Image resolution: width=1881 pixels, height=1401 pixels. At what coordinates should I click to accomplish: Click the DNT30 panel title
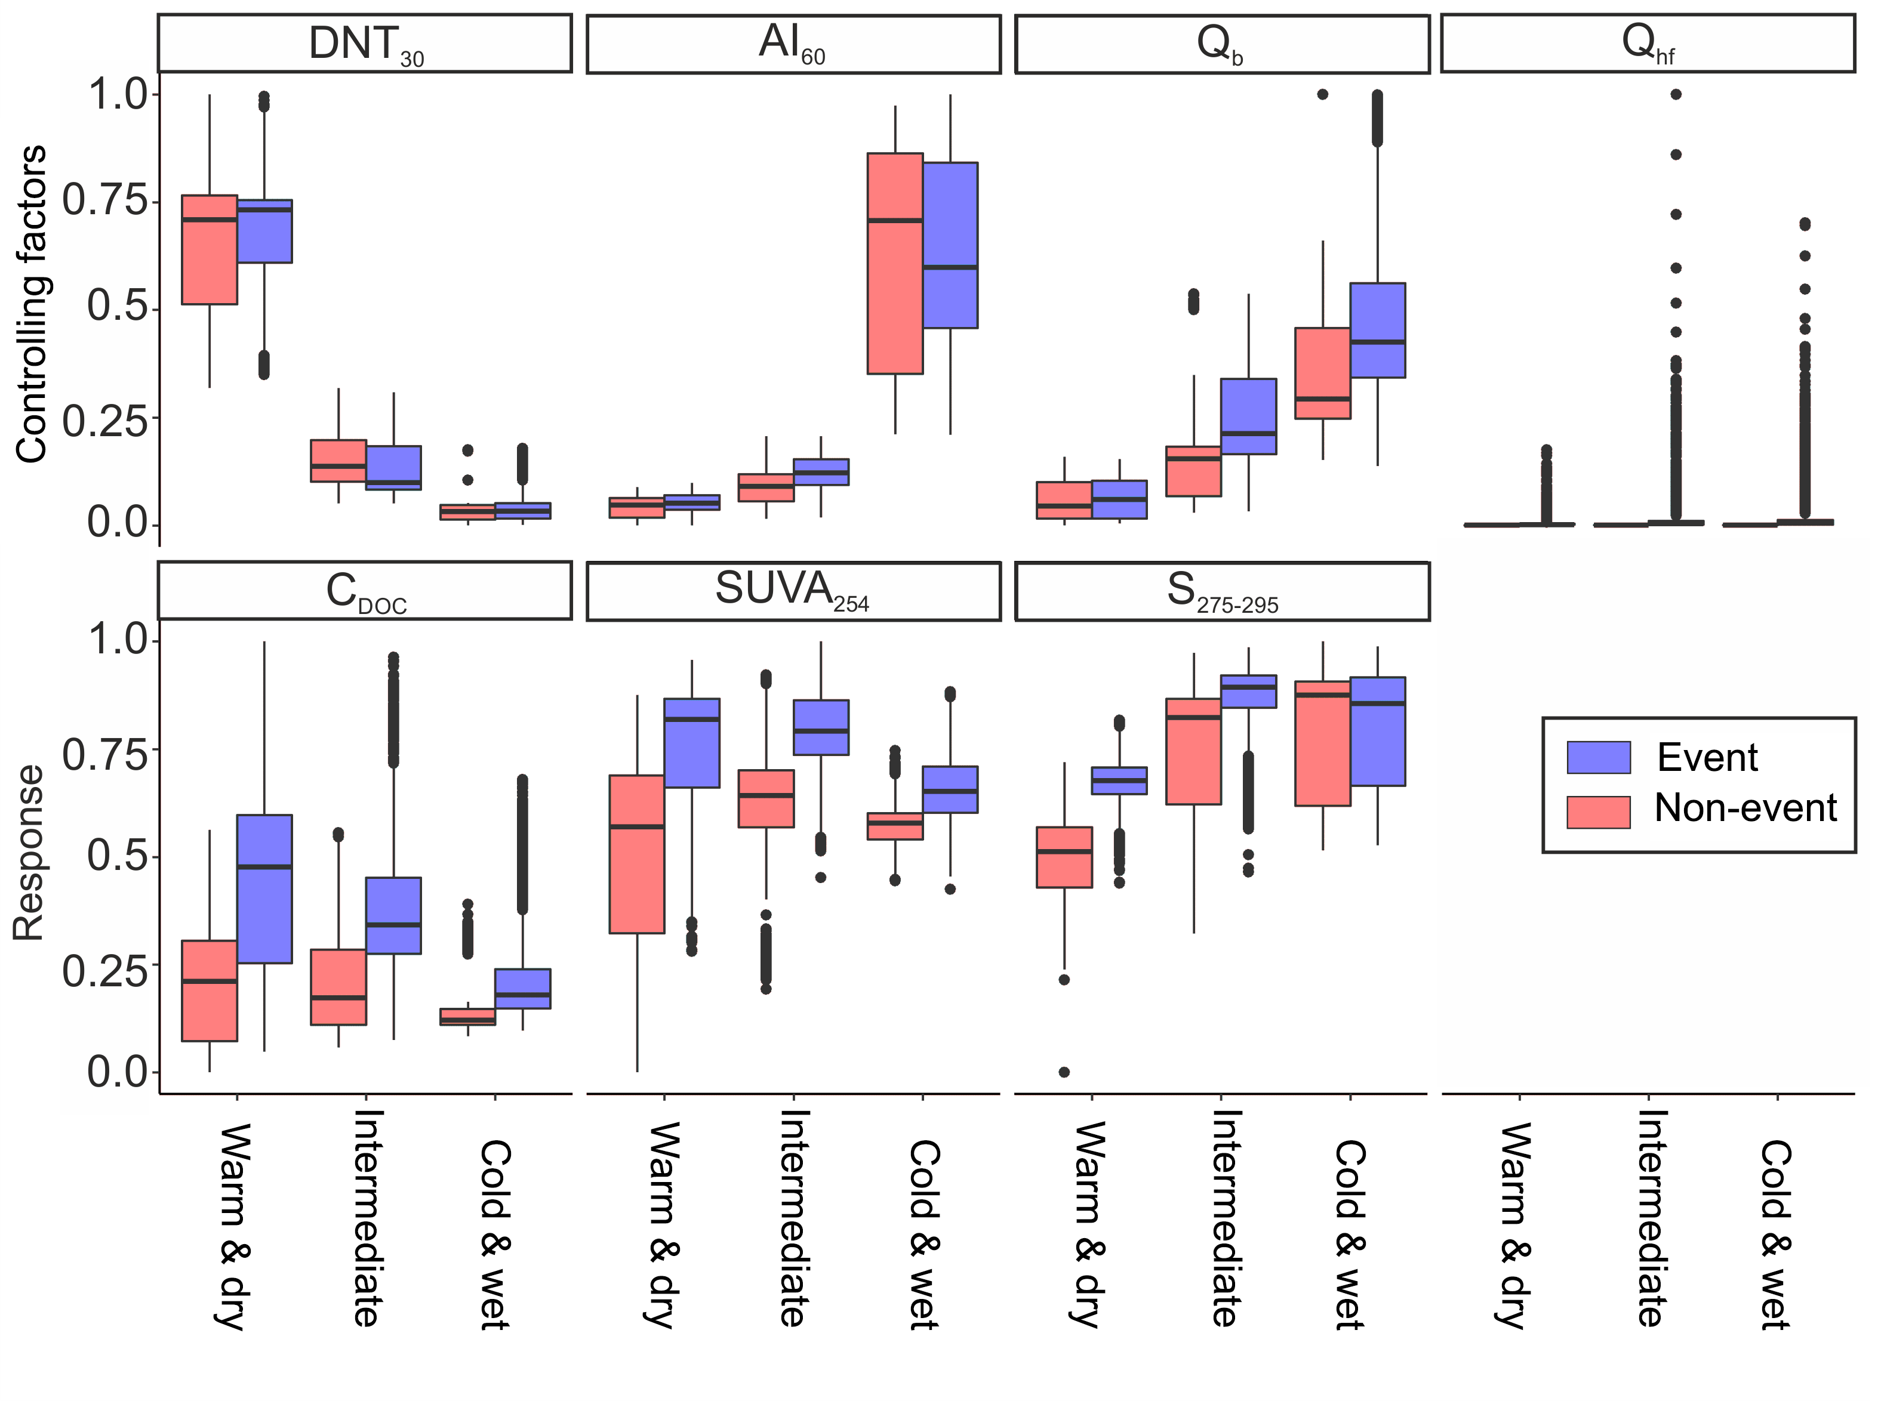point(365,43)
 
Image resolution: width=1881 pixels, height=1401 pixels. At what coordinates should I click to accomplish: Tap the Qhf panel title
point(1647,43)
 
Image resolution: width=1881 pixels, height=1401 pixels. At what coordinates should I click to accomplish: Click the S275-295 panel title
point(1222,590)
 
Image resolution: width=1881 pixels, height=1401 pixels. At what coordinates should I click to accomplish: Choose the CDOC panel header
point(365,590)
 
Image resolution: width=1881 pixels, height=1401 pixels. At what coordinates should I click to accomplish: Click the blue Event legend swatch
point(1599,757)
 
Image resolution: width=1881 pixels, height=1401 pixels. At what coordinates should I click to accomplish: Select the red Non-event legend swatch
point(1599,811)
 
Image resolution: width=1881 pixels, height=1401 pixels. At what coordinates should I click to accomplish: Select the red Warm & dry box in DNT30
point(210,249)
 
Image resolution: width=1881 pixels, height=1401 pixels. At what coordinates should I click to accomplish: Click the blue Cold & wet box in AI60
point(950,245)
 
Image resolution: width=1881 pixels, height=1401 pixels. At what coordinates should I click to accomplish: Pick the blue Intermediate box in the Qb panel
point(1248,416)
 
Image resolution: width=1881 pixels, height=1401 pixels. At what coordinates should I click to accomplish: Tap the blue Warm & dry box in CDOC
point(264,889)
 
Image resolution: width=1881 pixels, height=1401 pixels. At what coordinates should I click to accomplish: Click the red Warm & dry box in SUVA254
point(637,854)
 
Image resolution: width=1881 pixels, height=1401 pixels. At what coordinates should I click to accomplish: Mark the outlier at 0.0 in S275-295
point(1064,1072)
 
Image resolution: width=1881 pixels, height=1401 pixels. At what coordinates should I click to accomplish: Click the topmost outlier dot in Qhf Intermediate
point(1676,94)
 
